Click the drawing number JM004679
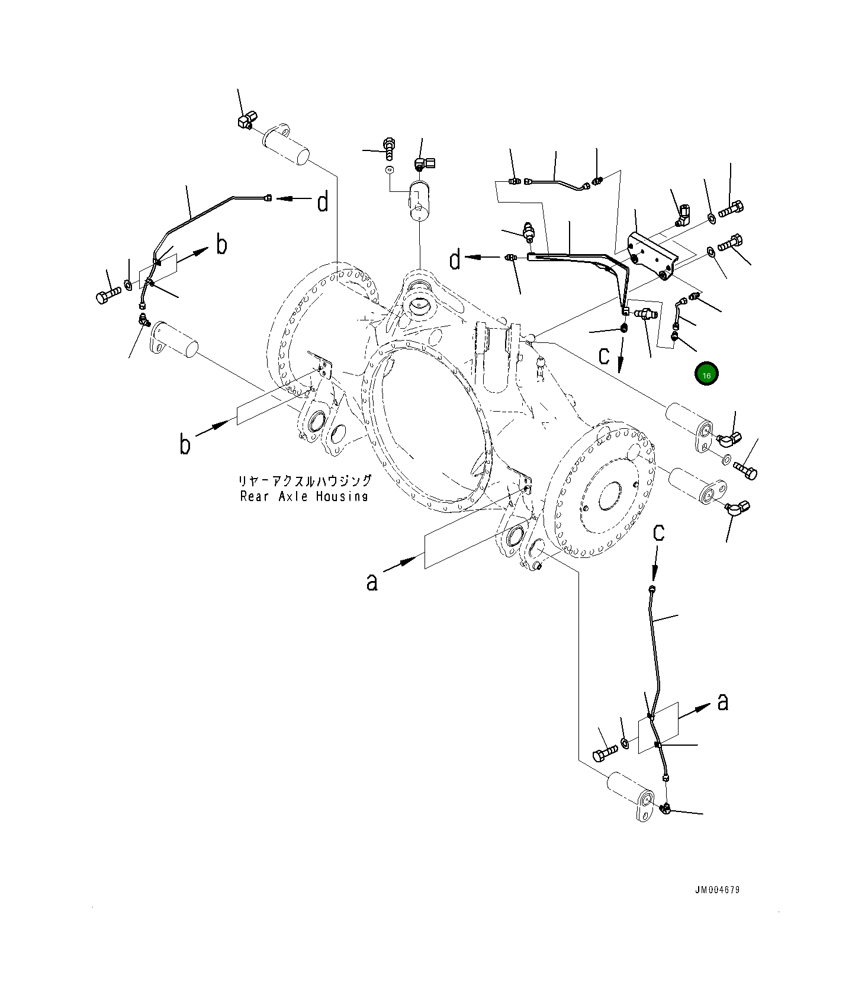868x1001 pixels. (x=717, y=890)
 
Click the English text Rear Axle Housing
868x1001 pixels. (x=304, y=496)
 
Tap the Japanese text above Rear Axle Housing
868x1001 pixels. (x=304, y=480)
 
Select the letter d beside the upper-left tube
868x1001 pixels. (x=322, y=202)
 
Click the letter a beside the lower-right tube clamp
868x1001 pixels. (x=722, y=702)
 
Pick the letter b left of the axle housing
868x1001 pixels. (x=185, y=444)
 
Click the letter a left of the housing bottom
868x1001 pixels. (x=371, y=582)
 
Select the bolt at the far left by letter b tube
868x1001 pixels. (x=108, y=294)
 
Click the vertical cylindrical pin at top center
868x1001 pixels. (x=420, y=201)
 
